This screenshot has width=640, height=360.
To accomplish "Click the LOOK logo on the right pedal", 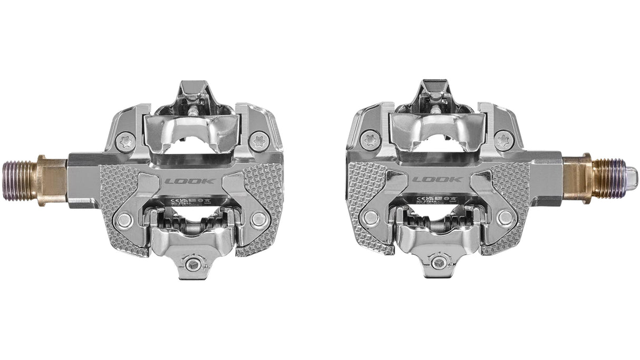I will pos(430,179).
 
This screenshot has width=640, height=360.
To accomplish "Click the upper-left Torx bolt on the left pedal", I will pos(125,141).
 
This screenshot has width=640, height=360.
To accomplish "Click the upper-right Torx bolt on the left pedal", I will pos(259,141).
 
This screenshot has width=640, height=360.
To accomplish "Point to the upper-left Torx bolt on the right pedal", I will pos(371,139).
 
